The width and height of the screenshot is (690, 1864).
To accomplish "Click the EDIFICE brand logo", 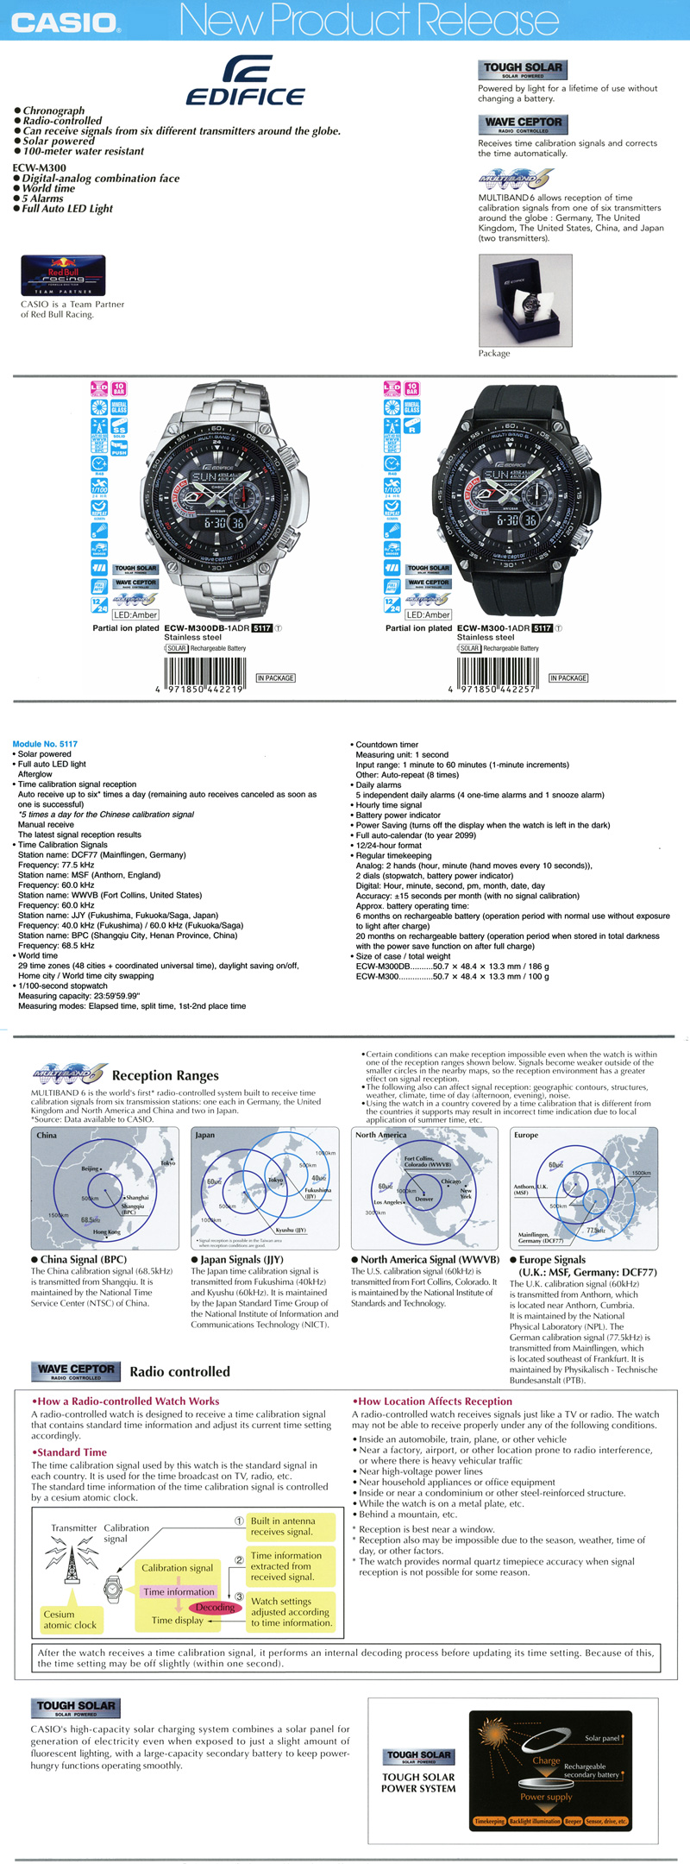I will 246,81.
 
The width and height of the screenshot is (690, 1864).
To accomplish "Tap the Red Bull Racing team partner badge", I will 63,275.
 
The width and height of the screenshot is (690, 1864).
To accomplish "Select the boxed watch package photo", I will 524,300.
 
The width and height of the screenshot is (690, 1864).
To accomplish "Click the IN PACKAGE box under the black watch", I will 568,678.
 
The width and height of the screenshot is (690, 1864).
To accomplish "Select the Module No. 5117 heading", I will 45,744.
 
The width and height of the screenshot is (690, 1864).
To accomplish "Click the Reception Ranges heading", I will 165,1075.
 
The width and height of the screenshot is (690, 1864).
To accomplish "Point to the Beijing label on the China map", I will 90,1168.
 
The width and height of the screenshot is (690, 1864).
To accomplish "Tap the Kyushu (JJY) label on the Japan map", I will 290,1230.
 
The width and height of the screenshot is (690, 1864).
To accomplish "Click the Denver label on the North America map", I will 423,1199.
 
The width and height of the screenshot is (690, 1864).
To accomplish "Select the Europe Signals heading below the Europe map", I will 552,1260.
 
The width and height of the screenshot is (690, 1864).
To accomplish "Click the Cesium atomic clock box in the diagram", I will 71,1620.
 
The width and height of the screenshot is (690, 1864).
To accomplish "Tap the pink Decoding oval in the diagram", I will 215,1607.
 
